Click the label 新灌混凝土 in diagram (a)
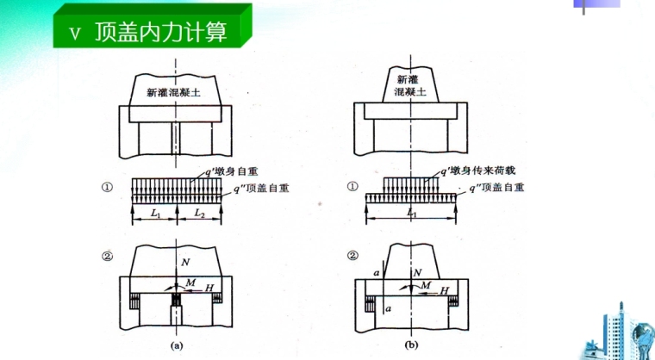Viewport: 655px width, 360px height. click(176, 90)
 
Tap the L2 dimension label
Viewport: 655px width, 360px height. click(199, 211)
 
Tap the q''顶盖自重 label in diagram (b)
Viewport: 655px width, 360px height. click(496, 186)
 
